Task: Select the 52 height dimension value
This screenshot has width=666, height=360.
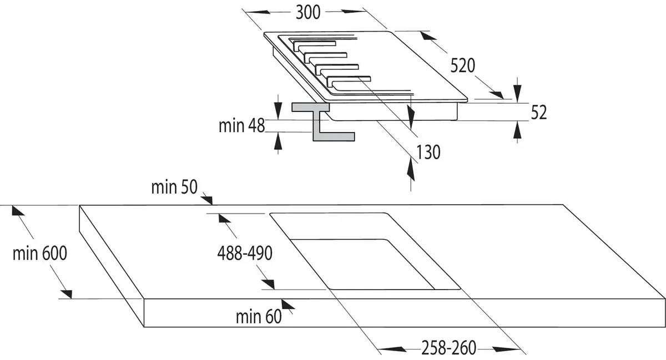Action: point(539,113)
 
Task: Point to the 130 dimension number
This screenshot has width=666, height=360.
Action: point(428,152)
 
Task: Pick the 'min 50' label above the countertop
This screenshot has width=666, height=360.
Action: point(174,187)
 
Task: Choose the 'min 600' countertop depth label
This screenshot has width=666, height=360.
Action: point(40,253)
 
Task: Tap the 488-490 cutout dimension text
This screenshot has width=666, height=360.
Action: point(244,253)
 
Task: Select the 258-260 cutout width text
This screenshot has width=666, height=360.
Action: point(448,348)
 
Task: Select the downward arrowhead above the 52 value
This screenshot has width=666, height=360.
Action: point(517,92)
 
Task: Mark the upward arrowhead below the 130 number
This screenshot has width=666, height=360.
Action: point(411,166)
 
